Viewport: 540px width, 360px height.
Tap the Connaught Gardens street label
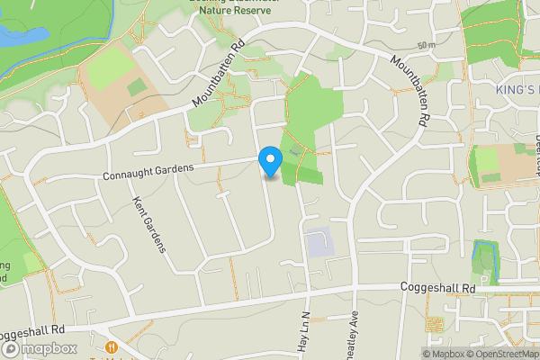point(148,172)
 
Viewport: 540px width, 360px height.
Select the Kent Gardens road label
point(149,225)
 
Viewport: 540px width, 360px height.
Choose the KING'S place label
point(516,90)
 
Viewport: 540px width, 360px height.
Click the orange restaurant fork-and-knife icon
point(112,347)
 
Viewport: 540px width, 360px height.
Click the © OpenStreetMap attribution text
point(500,354)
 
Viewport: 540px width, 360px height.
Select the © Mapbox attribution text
point(441,354)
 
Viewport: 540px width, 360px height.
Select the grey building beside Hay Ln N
point(318,243)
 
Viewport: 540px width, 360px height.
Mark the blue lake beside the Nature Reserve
point(18,36)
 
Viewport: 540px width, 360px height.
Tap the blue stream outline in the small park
point(474,256)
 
